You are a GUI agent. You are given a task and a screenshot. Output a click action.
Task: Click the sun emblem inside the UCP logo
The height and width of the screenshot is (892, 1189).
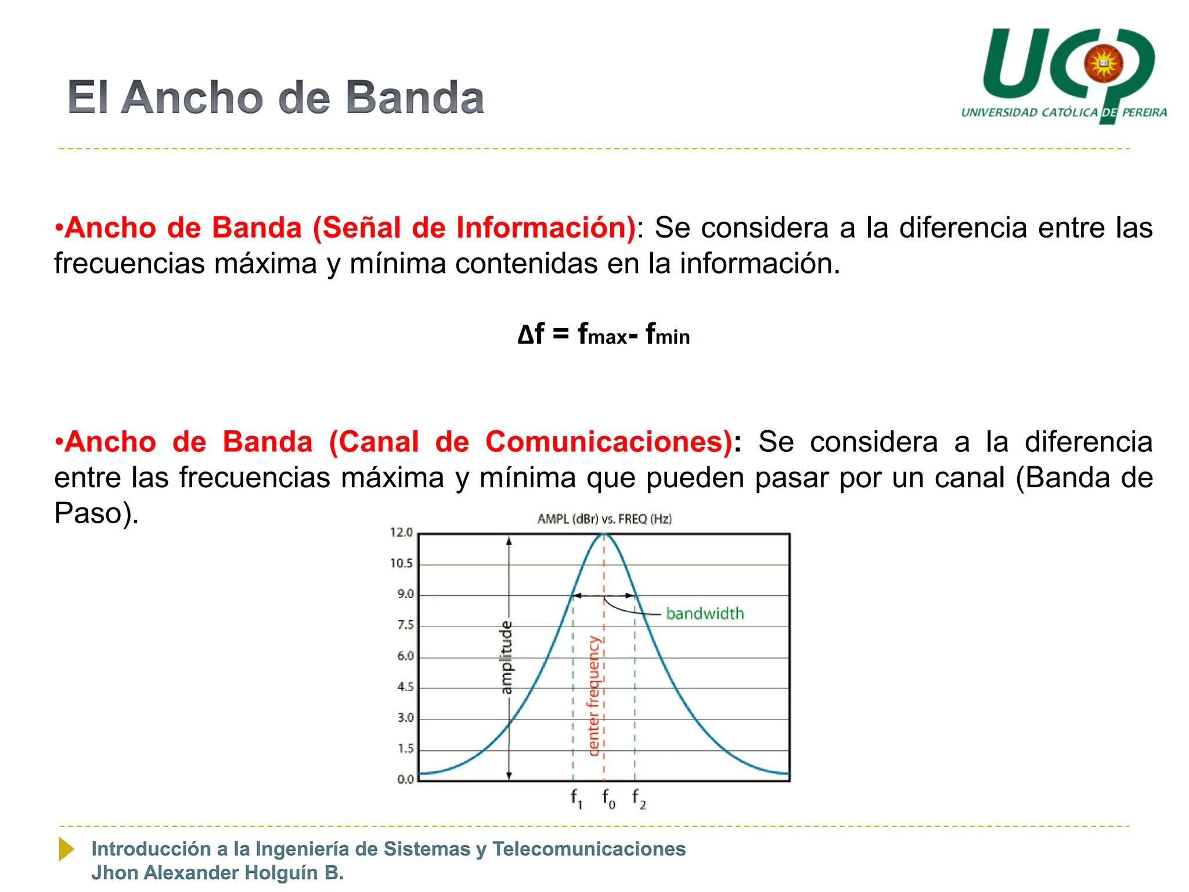(1103, 63)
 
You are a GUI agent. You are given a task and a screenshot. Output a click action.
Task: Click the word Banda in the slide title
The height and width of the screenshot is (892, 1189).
(415, 98)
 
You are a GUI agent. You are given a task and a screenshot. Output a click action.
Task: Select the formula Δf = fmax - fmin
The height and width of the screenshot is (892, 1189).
(604, 334)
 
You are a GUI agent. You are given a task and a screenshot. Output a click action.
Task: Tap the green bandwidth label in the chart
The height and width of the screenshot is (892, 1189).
(705, 614)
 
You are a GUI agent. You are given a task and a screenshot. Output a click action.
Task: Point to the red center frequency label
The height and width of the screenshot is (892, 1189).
(593, 696)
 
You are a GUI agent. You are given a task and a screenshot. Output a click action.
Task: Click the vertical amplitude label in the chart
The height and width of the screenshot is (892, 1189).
(507, 657)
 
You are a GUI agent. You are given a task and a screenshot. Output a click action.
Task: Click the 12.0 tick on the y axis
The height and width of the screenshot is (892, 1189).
(401, 533)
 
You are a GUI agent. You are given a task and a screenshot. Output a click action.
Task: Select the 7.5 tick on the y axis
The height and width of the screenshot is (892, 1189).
(405, 625)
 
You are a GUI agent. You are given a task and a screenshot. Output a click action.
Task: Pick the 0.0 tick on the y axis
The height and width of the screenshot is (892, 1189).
(405, 779)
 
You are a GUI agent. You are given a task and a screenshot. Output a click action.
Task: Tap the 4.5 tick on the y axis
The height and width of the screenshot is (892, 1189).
(405, 687)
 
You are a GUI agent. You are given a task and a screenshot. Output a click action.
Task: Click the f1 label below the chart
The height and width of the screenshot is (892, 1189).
(576, 799)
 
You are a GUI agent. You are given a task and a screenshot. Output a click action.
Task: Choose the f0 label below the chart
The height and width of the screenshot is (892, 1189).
(608, 799)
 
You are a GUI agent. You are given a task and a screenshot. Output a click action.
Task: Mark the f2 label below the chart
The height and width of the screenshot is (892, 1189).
(639, 799)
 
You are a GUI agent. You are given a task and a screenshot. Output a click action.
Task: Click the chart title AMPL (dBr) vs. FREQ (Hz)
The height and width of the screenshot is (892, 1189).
(604, 519)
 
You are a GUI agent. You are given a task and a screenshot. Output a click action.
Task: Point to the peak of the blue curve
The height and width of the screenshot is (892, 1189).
(604, 534)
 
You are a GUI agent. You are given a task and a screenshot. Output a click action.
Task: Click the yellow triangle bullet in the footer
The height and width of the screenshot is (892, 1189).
(66, 849)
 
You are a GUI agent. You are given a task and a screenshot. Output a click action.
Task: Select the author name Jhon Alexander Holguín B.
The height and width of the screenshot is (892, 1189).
(218, 873)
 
